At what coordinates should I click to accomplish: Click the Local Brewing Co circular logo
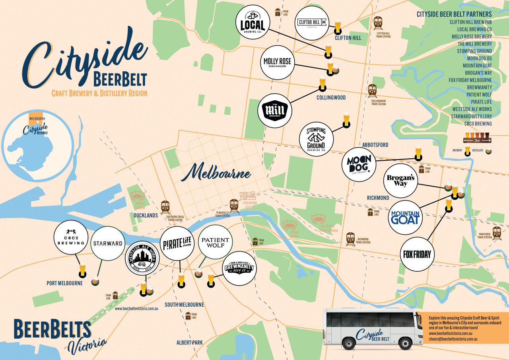click(x=253, y=22)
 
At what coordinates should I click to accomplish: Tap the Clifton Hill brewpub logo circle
click(x=312, y=23)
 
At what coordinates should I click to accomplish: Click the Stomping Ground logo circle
click(x=316, y=139)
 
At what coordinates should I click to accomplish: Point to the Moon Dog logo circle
click(x=359, y=164)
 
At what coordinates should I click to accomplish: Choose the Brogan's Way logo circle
click(x=401, y=181)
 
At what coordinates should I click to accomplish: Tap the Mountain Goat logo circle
click(x=405, y=217)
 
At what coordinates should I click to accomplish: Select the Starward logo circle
click(x=107, y=243)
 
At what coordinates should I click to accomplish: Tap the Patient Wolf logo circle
click(x=215, y=242)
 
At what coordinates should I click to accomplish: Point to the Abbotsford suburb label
click(x=375, y=145)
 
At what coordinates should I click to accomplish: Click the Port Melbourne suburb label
click(x=64, y=283)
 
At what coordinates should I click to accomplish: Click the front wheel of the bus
click(x=406, y=343)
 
